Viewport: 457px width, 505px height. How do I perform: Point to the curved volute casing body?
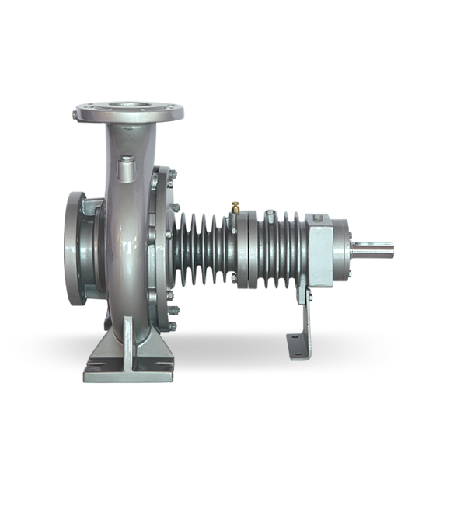(124, 249)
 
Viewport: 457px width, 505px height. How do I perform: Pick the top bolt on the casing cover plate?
(165, 176)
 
